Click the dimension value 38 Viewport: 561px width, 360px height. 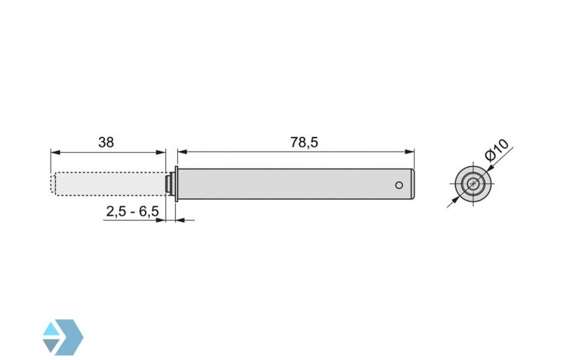tap(106, 142)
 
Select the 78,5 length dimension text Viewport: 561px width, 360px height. tap(304, 142)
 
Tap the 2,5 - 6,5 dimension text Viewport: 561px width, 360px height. tap(132, 211)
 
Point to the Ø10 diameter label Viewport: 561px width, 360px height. tap(498, 151)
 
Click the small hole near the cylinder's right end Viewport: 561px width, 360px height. tap(398, 186)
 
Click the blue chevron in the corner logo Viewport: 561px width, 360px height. tap(72, 336)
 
